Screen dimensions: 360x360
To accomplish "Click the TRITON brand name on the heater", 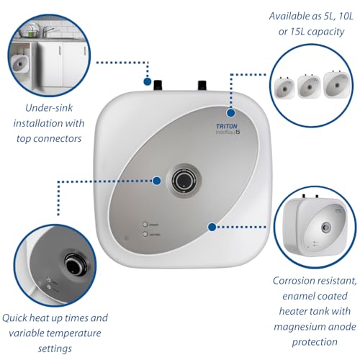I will point(229,124).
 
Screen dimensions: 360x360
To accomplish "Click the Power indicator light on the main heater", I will point(146,223).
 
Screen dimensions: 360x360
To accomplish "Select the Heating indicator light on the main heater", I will point(146,234).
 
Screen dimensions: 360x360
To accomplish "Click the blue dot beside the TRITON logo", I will point(231,112).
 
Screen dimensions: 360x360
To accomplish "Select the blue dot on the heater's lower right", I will point(212,227).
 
